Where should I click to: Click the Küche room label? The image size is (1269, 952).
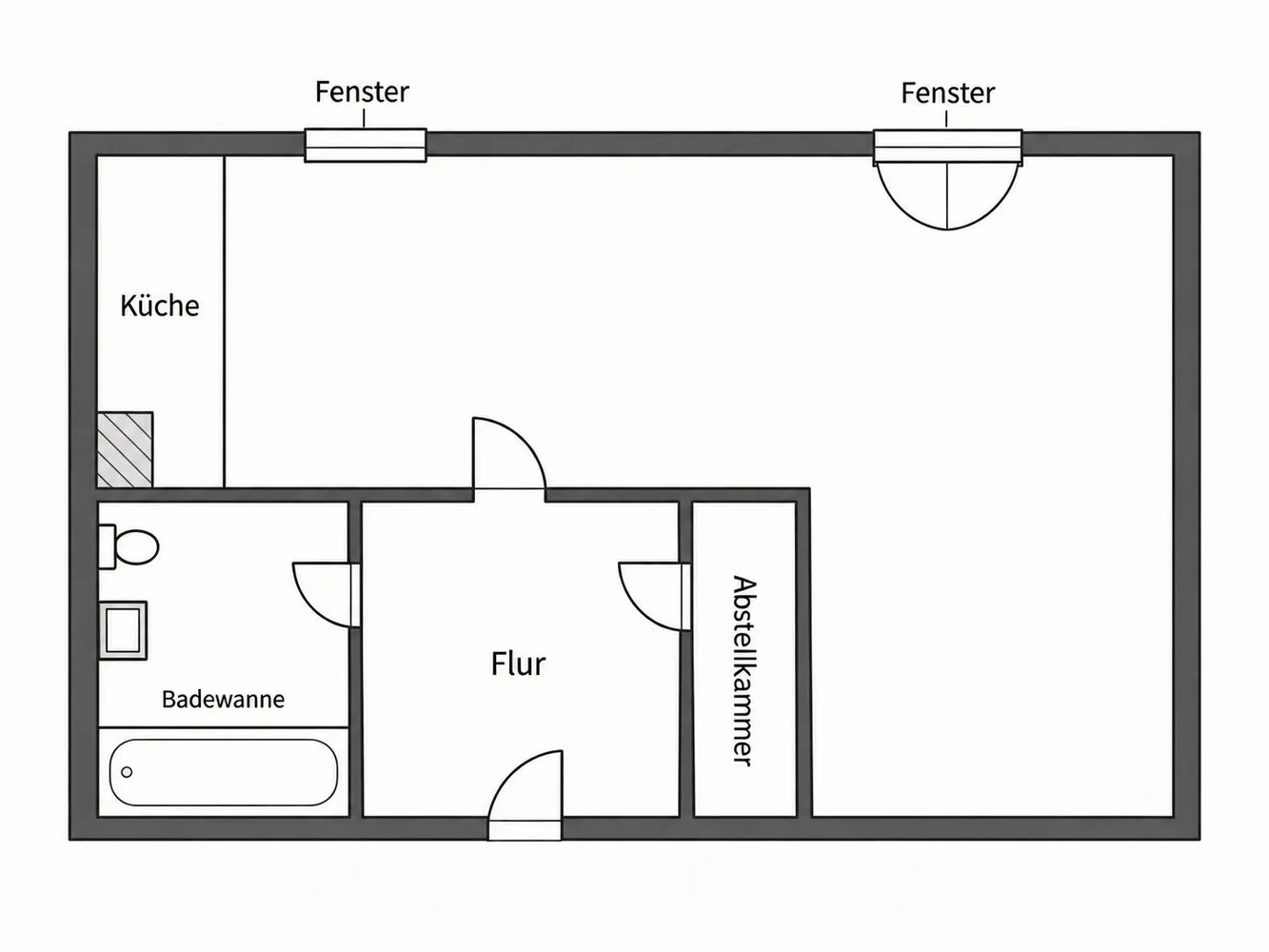tap(160, 306)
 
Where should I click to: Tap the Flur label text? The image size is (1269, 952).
tap(518, 664)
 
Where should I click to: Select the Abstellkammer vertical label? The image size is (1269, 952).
tap(744, 671)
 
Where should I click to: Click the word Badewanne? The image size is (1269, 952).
tap(223, 700)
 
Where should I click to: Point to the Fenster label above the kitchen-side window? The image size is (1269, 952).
tap(362, 92)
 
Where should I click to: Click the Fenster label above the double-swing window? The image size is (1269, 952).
tap(948, 93)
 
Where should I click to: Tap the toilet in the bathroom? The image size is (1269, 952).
tap(129, 546)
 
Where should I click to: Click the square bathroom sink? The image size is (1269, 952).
tap(123, 630)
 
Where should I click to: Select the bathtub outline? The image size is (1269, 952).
tap(224, 772)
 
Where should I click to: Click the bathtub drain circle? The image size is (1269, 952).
tap(128, 772)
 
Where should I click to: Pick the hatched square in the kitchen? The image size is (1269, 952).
tap(125, 449)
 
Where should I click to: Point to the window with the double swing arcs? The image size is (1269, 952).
tap(947, 179)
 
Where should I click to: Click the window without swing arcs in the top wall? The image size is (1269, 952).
tap(366, 145)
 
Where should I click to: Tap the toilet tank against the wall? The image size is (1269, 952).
tap(107, 546)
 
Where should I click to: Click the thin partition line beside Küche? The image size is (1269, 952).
tap(224, 322)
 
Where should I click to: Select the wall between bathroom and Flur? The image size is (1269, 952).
tap(355, 659)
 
